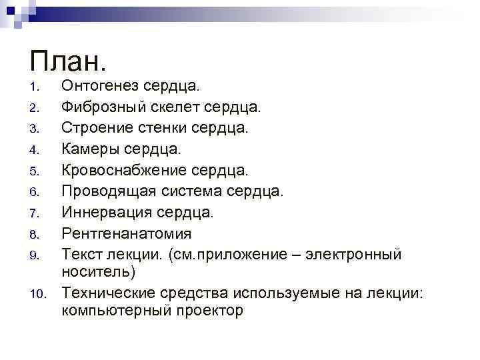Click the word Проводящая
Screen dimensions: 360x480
point(107,191)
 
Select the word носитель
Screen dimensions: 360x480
point(98,272)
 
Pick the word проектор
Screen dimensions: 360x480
point(209,310)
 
